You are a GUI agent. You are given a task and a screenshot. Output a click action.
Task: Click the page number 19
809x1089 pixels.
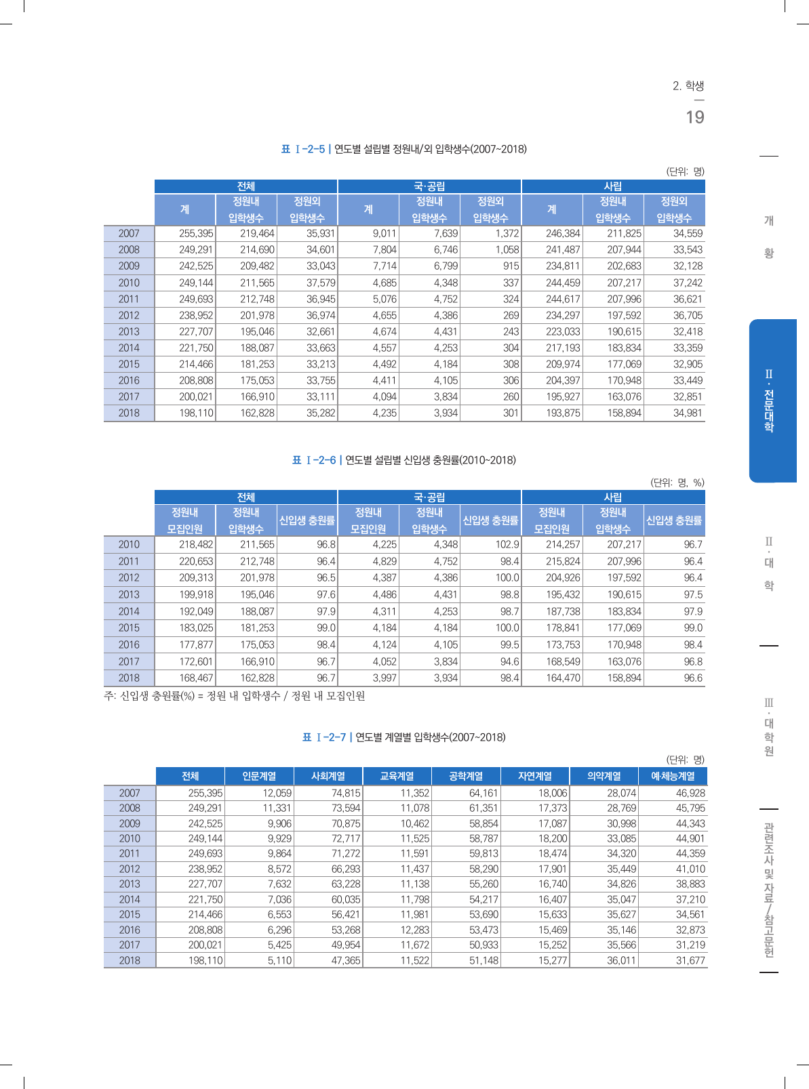(695, 118)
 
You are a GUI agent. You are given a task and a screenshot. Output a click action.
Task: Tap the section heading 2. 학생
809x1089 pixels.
(688, 86)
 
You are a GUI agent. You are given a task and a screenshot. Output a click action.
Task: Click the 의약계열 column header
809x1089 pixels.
(604, 777)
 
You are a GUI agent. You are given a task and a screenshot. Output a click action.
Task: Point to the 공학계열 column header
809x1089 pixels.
(466, 777)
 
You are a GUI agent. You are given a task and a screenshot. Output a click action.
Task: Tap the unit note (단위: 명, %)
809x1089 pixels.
(677, 483)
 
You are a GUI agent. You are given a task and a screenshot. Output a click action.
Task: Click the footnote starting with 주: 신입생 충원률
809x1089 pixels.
(234, 696)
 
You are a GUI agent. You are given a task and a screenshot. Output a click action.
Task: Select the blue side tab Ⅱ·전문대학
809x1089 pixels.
(772, 400)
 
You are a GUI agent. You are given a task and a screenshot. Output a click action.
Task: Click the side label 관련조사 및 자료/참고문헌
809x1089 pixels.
(769, 890)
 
